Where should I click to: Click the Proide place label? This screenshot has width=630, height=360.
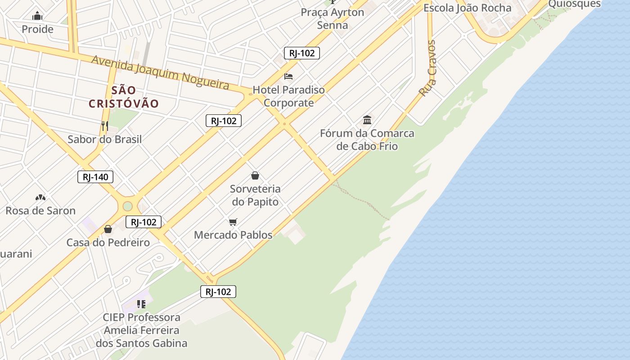[37, 29]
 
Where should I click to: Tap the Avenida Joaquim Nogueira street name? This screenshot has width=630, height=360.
[160, 72]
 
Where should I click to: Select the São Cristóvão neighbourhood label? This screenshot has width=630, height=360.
[124, 97]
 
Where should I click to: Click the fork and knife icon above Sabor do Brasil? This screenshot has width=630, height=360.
[105, 126]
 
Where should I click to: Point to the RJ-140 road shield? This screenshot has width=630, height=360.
[95, 177]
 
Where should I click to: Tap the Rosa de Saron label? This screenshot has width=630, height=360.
[40, 211]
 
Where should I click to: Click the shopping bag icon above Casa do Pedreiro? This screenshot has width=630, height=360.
[108, 229]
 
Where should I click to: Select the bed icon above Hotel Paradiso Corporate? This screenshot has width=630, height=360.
[288, 76]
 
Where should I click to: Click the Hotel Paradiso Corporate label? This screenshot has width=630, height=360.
[288, 96]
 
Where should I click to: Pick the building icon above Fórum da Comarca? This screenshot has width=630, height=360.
[367, 120]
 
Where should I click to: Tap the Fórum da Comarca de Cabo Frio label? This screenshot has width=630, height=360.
[367, 139]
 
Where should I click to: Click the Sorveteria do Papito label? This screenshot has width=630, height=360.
[255, 195]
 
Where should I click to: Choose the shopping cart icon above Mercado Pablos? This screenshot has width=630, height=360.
[233, 222]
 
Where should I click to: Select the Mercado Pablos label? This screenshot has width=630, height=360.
[233, 235]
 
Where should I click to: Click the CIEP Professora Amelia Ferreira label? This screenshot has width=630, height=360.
[141, 330]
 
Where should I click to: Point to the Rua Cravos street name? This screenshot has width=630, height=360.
[428, 68]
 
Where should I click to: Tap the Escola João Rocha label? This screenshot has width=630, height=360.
[468, 8]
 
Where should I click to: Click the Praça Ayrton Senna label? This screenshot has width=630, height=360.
[333, 18]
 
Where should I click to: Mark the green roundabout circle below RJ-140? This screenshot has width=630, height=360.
[128, 206]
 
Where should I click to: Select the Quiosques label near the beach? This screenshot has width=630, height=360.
[574, 4]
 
